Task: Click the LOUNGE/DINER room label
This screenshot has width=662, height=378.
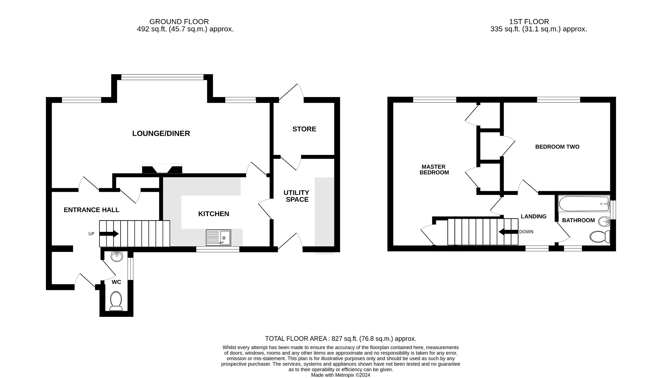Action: tap(161, 134)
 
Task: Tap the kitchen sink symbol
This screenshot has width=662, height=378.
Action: tap(219, 238)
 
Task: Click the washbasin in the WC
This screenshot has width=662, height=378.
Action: tap(117, 257)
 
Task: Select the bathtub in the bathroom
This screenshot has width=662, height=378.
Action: tap(583, 204)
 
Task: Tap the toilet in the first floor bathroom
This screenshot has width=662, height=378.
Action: tap(600, 236)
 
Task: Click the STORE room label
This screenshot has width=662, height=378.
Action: tap(304, 129)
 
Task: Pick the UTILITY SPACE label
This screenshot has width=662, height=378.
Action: tap(297, 196)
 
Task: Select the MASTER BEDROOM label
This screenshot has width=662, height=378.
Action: tap(434, 169)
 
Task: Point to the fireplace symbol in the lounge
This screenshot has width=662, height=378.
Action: tap(162, 169)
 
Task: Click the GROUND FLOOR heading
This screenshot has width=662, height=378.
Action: tap(179, 22)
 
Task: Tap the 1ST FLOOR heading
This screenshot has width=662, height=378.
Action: tap(529, 22)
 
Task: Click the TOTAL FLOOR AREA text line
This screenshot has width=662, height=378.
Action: tap(340, 339)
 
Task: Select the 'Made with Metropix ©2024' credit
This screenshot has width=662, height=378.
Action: tap(340, 375)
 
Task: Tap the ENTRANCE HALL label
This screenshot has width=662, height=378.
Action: tap(91, 210)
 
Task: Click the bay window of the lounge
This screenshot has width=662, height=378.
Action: tap(162, 77)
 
